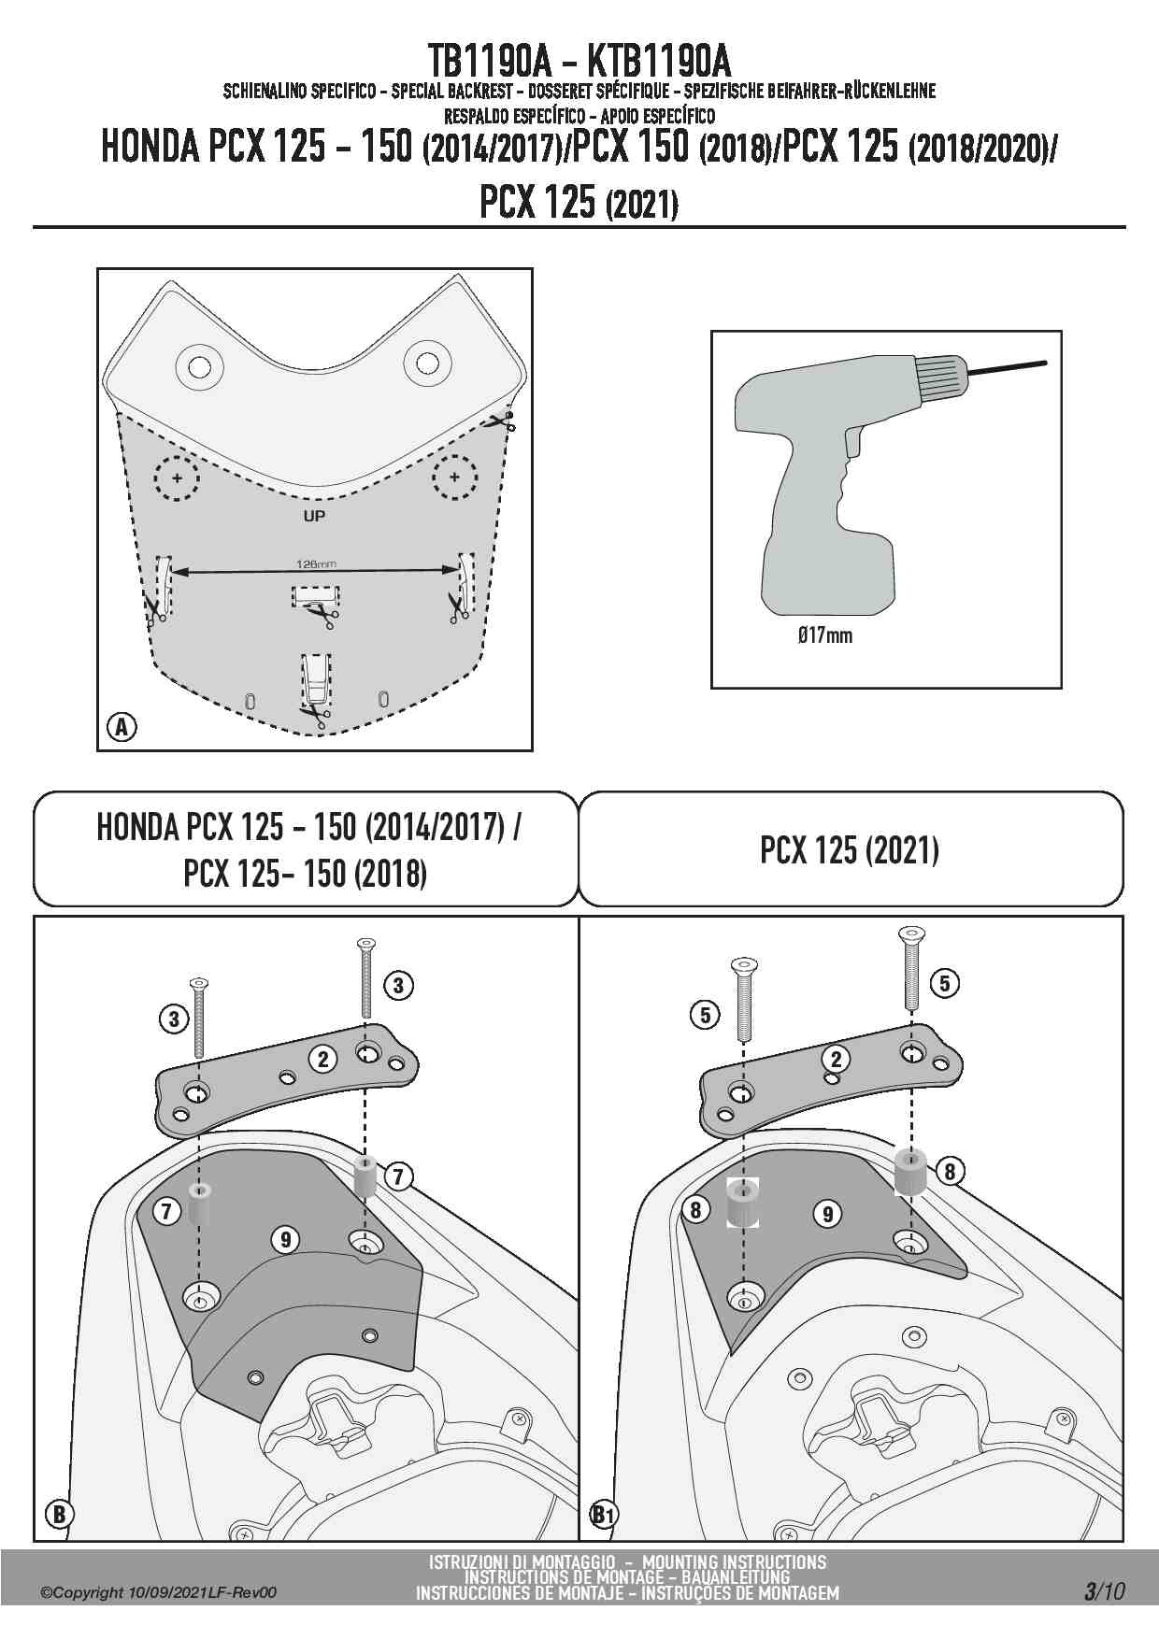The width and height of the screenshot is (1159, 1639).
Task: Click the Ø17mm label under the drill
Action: coord(824,635)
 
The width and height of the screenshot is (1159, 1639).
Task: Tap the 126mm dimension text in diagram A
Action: coord(316,563)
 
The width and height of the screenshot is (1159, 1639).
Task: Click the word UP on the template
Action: coord(314,516)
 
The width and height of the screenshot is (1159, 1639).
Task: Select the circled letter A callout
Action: coord(122,726)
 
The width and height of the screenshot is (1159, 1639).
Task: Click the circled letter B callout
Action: coord(58,1513)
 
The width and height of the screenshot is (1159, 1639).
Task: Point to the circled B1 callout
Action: coord(605,1514)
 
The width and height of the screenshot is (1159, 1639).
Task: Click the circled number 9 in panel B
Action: coord(285,1239)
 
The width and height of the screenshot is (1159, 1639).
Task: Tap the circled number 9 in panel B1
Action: coord(828,1214)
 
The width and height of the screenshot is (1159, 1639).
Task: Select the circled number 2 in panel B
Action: coord(323,1059)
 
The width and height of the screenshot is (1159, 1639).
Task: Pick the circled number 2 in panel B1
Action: coord(836,1059)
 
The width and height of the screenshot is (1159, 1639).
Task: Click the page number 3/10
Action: coord(1104,1591)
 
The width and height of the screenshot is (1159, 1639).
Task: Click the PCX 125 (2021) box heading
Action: coord(849,850)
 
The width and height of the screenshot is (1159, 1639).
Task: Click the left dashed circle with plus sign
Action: coord(176,478)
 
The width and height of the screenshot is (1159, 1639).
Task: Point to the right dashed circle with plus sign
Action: coord(454,478)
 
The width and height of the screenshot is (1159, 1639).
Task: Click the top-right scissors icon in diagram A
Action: coord(501,422)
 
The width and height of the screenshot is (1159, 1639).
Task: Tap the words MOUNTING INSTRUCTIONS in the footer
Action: coord(735,1561)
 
